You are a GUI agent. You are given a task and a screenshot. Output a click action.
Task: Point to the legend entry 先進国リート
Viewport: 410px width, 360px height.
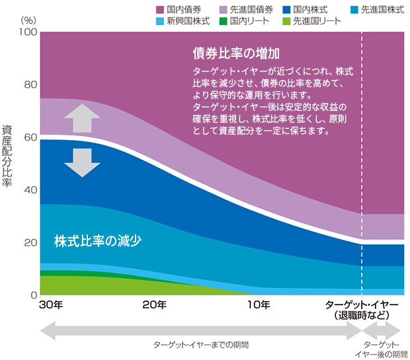point(316,21)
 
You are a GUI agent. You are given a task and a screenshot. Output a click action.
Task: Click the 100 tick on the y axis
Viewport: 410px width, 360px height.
point(27,32)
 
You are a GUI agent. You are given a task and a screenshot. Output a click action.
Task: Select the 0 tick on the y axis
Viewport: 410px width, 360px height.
point(32,295)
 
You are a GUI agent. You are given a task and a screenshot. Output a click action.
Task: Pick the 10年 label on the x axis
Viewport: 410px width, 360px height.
point(259,305)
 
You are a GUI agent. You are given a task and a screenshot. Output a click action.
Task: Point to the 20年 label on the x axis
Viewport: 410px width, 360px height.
point(155,305)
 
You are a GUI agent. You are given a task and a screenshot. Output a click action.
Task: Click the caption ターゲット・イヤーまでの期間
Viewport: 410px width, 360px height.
point(201,345)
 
